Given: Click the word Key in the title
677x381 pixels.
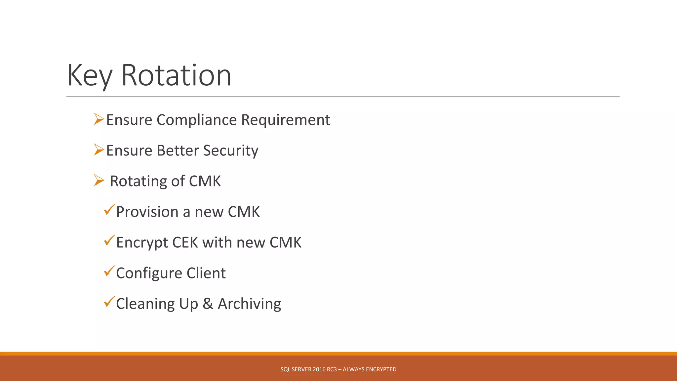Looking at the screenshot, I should click(90, 76).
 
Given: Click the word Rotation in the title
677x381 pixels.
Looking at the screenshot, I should click(176, 76).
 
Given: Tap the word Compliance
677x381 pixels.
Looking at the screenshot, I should click(197, 120).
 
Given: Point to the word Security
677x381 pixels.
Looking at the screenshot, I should click(230, 151).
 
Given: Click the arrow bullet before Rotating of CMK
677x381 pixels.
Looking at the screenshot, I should click(99, 181).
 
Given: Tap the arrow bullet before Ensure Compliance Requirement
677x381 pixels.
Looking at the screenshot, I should click(99, 119).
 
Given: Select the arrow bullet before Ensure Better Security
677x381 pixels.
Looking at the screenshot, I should click(99, 150).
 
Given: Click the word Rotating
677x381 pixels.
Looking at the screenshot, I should click(138, 182).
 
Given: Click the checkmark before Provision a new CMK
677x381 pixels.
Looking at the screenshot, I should click(109, 210).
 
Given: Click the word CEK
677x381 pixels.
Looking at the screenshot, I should click(185, 243).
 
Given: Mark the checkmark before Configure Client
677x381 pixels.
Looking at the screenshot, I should click(109, 271).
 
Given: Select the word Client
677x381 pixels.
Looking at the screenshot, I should click(206, 274).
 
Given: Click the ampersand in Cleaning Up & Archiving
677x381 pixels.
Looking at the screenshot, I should click(208, 304).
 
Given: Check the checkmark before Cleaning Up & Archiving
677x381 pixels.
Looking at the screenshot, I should click(109, 302).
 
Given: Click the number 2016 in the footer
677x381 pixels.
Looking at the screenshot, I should click(319, 369).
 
